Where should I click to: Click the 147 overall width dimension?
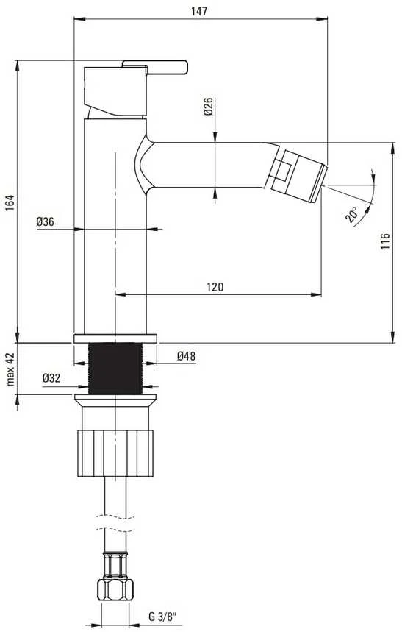pos(199,11)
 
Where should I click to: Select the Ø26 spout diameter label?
pos(208,107)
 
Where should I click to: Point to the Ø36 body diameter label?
pos(45,221)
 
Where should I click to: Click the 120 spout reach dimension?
pos(215,287)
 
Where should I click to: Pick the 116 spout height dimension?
pos(385,241)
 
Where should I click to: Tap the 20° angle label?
pos(351,215)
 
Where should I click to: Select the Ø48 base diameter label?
pos(186,356)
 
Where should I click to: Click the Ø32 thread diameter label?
pos(51,378)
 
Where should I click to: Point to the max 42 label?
pos(10,369)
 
